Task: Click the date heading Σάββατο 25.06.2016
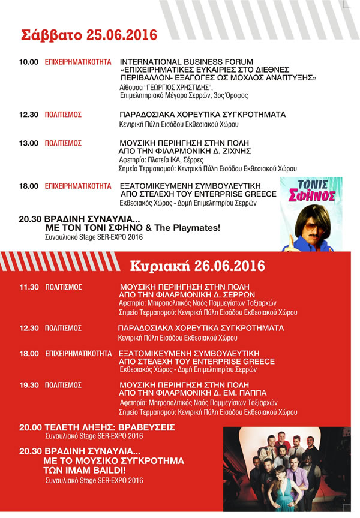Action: pyautogui.click(x=89, y=34)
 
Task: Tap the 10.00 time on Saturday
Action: pyautogui.click(x=29, y=62)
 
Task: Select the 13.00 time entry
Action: pyautogui.click(x=29, y=144)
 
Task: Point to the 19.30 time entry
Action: pyautogui.click(x=29, y=385)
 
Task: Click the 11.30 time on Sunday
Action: pyautogui.click(x=29, y=287)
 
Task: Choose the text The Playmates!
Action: pyautogui.click(x=192, y=228)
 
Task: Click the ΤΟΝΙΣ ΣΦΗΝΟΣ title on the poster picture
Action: pyautogui.click(x=310, y=191)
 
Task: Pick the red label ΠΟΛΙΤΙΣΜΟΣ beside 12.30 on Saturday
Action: pyautogui.click(x=63, y=114)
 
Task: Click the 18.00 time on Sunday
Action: pyautogui.click(x=29, y=353)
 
